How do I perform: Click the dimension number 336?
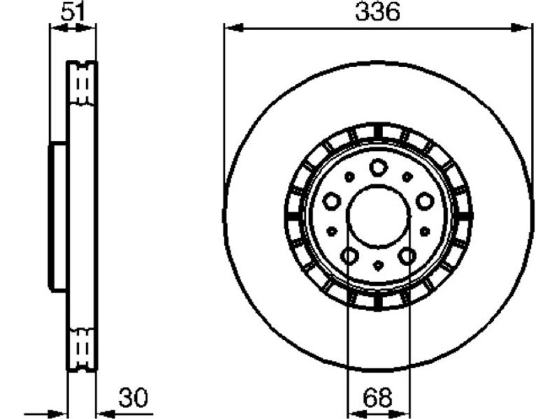coord(378,12)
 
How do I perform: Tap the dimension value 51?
coord(73,12)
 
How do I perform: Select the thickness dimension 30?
coord(133,397)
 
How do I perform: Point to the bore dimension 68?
coord(378,397)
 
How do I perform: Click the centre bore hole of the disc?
coord(378,216)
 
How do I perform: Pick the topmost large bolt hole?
coord(378,168)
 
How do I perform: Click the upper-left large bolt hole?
coord(331,201)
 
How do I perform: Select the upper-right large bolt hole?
coord(425,201)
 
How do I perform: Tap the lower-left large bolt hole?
coord(349,256)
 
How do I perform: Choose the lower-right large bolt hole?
coord(407,256)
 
